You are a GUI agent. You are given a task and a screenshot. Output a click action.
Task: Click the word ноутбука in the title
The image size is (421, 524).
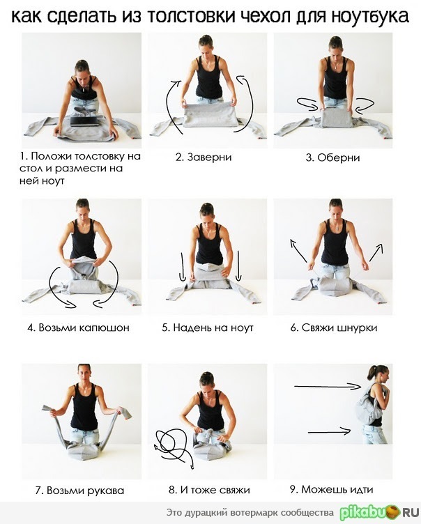coord(370,16)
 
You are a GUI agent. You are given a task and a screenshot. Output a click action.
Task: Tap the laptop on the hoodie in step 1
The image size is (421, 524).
coord(85,121)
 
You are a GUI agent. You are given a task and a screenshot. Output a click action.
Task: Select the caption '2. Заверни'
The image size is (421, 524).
coord(204,157)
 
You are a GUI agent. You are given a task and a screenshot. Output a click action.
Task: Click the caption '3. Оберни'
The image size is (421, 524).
coord(332,157)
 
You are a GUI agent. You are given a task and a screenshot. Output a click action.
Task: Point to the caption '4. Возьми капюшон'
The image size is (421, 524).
coord(78,327)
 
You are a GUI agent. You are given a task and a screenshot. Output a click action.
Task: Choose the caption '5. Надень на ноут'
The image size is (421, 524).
coord(207,327)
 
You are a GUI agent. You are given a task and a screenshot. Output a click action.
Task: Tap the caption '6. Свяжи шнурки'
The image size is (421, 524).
coord(334,327)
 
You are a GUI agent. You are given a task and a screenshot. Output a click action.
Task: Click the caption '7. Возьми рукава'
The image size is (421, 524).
coord(79,491)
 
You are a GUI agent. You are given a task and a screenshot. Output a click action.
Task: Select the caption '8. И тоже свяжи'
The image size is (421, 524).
coord(209,490)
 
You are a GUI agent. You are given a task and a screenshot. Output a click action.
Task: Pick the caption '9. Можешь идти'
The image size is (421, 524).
coord(331,490)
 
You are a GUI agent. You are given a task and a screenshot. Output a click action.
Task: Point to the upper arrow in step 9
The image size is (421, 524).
coord(328,386)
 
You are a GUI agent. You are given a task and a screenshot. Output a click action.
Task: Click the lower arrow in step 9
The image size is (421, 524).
coord(330,431)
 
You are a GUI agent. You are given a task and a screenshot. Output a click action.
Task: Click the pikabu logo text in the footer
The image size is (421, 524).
coord(379,512)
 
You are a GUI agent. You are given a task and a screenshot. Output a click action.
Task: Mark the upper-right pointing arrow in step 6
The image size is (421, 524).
coord(376,252)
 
